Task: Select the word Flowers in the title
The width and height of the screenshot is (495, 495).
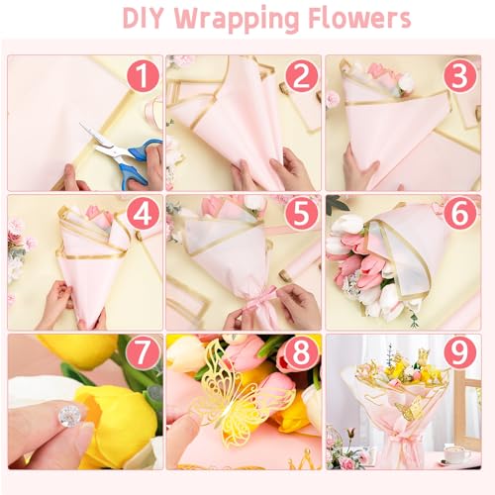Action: [x=358, y=20]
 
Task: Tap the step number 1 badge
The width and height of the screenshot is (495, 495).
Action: [x=144, y=76]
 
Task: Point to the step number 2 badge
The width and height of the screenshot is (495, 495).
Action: [x=303, y=76]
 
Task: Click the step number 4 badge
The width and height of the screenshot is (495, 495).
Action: [x=144, y=215]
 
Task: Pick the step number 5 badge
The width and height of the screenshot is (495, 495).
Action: [x=303, y=215]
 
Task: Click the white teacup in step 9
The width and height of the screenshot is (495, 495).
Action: [x=456, y=453]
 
